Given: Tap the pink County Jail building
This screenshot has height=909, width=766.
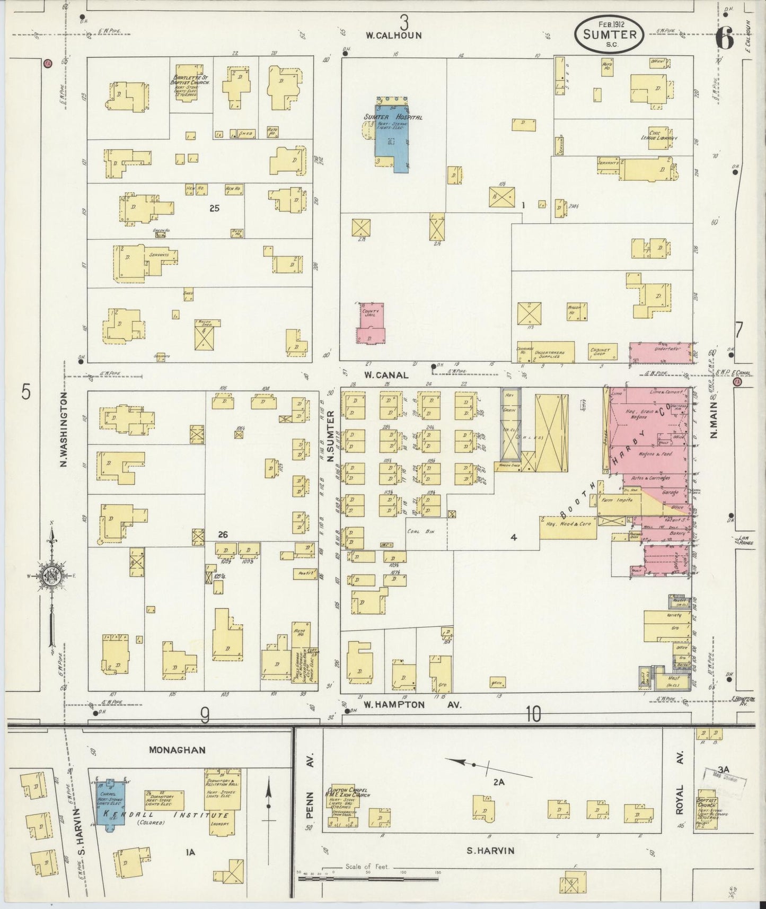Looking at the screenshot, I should [x=372, y=324].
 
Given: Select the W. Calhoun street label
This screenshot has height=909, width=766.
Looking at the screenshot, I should [x=393, y=36].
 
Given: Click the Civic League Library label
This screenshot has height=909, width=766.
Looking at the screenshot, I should [x=663, y=136].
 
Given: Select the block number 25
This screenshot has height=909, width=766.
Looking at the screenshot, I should [x=214, y=208].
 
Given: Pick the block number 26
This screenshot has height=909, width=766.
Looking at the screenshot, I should [x=223, y=535].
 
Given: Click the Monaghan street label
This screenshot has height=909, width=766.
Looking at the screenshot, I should [x=178, y=750].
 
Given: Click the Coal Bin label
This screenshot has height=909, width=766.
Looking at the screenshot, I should [x=421, y=531].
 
